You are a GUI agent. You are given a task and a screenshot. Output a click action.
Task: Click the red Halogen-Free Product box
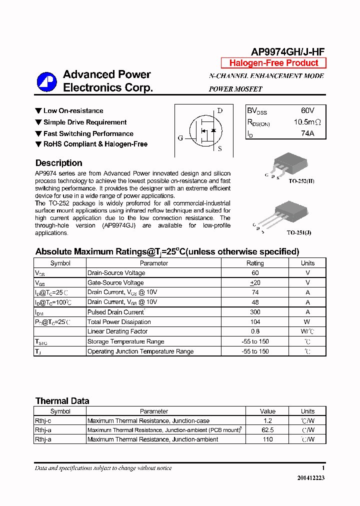pos(273,63)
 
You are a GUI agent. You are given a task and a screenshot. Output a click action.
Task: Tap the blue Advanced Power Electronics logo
pos(47,82)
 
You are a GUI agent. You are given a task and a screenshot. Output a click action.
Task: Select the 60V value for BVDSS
pos(307,110)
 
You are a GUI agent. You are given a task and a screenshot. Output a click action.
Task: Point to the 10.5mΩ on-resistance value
pos(307,122)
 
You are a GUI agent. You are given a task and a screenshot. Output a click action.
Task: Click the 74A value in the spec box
pos(307,133)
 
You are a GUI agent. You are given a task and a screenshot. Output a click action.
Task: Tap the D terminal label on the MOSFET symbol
pos(219,111)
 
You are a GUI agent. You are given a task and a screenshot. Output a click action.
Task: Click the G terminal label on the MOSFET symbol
pos(180,138)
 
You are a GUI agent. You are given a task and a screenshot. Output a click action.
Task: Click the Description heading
pos(58,163)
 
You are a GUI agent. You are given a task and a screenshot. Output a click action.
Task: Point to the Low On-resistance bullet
pos(73,111)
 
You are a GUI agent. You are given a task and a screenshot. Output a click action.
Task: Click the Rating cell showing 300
pos(255,312)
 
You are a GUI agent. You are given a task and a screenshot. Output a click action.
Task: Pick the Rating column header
pos(255,263)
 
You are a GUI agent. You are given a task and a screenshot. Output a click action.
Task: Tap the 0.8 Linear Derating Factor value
pos(255,331)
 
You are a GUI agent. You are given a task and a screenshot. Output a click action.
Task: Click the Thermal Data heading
pos(62,401)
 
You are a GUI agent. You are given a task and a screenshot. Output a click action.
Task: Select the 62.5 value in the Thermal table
pos(267,430)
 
